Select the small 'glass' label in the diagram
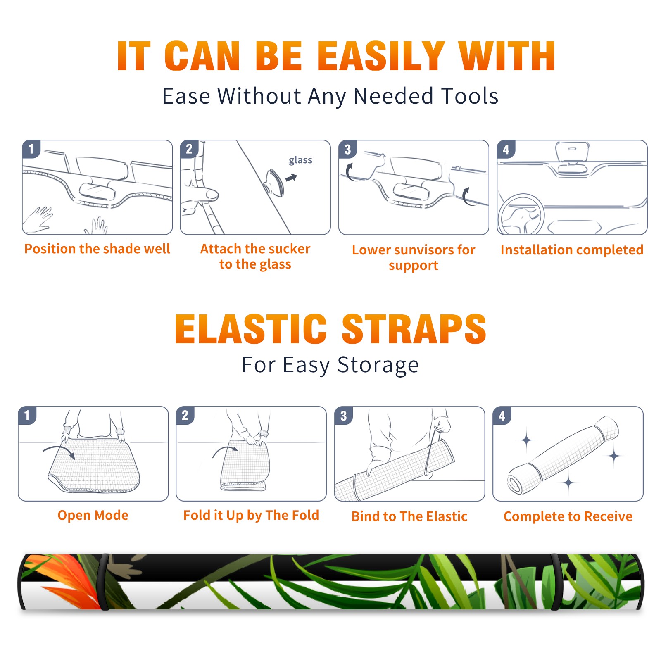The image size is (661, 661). tap(300, 160)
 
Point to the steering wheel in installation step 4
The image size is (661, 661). tap(521, 214)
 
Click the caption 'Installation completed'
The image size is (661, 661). tap(572, 250)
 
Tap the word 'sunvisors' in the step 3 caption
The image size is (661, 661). tap(424, 250)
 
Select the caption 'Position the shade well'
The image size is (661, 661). tap(97, 249)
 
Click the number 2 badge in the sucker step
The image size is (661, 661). tap(189, 149)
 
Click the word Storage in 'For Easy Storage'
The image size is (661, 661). tap(378, 365)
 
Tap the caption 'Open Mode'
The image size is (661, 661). tap(93, 515)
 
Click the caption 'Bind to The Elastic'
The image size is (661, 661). tap(409, 516)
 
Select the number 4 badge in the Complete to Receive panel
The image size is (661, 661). tap(502, 416)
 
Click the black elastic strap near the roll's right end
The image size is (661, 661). tap(556, 582)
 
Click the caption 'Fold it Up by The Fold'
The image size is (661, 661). tap(251, 516)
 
